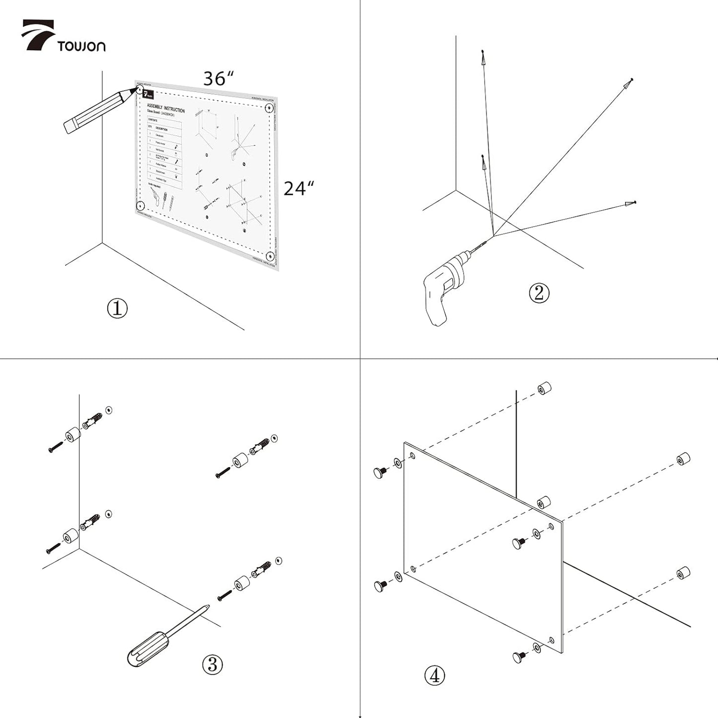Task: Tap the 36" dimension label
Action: [x=218, y=79]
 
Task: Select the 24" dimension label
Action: [x=299, y=188]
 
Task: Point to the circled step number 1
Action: [x=117, y=308]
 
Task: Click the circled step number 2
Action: [x=539, y=293]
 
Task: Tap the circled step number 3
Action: [x=212, y=664]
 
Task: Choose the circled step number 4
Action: [x=435, y=675]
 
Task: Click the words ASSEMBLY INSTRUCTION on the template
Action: [x=165, y=108]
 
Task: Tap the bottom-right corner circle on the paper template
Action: [x=270, y=256]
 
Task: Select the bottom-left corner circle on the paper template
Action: [x=140, y=205]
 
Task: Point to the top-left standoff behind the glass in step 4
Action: [x=545, y=388]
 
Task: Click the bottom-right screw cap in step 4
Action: [x=520, y=657]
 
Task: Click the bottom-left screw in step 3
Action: [x=53, y=548]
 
